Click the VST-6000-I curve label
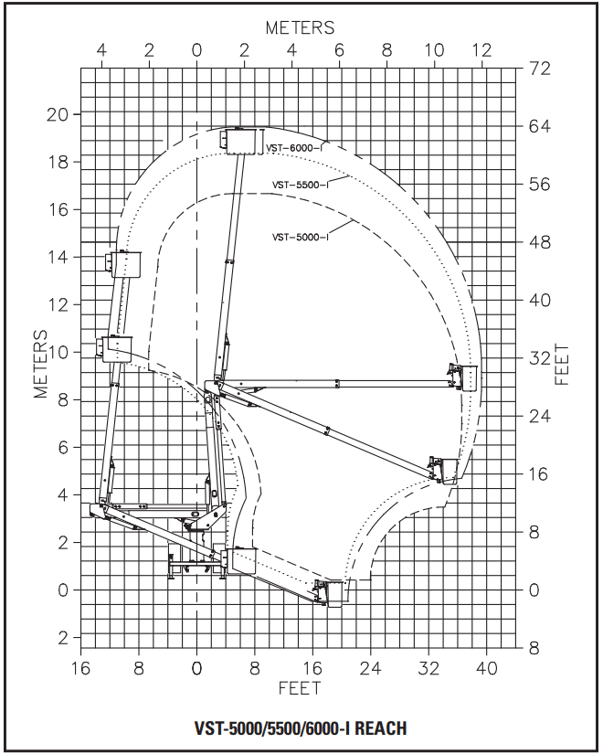tap(294, 148)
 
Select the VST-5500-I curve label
tap(300, 185)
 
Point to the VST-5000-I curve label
tap(300, 237)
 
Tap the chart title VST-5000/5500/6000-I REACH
tap(301, 727)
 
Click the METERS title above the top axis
tap(300, 27)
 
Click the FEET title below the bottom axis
tap(299, 688)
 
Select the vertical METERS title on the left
tap(41, 364)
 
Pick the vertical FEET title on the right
tap(562, 364)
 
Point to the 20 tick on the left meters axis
tap(58, 115)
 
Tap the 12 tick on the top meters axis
tap(481, 50)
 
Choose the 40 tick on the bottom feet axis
tap(486, 668)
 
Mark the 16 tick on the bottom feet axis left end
tap(80, 668)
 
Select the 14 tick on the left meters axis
tap(58, 257)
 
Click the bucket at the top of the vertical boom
tap(239, 142)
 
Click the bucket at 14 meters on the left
tap(126, 264)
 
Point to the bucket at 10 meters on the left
tap(117, 348)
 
